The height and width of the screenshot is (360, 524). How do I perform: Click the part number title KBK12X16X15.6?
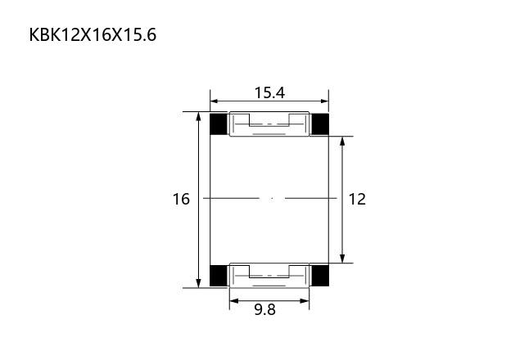coord(93,34)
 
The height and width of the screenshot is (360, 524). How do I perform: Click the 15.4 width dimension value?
coord(269,92)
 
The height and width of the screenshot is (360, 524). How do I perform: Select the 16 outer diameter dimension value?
coord(181,199)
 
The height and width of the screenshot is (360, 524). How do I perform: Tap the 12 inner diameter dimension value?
coord(357,199)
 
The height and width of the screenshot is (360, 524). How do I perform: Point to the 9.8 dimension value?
coord(265,309)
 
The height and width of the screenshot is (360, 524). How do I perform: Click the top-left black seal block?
coord(219,124)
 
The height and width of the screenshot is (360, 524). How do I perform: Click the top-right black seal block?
coord(320,124)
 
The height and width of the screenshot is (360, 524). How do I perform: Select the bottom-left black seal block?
coord(219,276)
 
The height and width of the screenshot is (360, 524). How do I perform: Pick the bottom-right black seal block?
coord(320,276)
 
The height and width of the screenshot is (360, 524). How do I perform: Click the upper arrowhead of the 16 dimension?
coord(198,116)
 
